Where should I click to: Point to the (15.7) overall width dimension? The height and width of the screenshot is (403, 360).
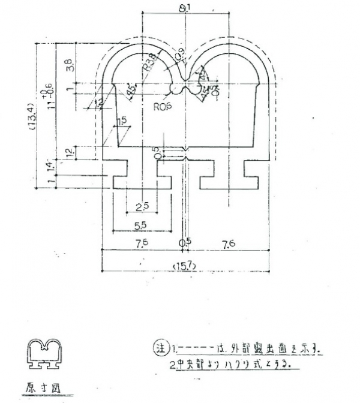(185, 264)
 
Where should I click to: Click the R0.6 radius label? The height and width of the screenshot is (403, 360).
(162, 107)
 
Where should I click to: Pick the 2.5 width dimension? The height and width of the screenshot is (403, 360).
(142, 207)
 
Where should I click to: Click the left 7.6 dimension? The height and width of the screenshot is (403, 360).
(142, 242)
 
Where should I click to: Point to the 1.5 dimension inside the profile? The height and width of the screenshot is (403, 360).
(122, 121)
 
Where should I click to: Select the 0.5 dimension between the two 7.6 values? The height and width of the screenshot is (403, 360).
(185, 242)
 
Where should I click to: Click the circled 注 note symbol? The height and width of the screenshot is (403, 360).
(161, 347)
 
